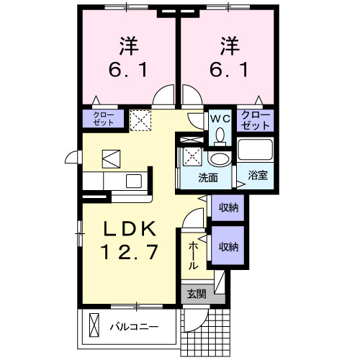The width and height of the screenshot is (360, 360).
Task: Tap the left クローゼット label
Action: click(x=104, y=118)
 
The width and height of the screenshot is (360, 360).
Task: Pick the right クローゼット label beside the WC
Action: click(x=256, y=120)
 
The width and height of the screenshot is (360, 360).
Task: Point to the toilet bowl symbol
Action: click(x=220, y=135)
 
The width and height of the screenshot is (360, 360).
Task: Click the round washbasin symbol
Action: click(x=218, y=160)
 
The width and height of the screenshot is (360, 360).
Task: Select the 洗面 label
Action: click(x=209, y=177)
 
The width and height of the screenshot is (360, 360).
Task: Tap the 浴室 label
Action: click(x=257, y=175)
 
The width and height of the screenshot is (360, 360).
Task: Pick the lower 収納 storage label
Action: click(x=228, y=247)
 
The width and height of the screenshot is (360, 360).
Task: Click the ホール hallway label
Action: click(x=194, y=255)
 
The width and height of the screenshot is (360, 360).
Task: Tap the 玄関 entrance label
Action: click(x=196, y=293)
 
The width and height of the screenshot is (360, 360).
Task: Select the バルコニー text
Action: click(x=134, y=326)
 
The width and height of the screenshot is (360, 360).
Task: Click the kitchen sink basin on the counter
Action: click(x=133, y=179)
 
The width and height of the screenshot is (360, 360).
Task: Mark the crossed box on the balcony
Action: click(x=94, y=326)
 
